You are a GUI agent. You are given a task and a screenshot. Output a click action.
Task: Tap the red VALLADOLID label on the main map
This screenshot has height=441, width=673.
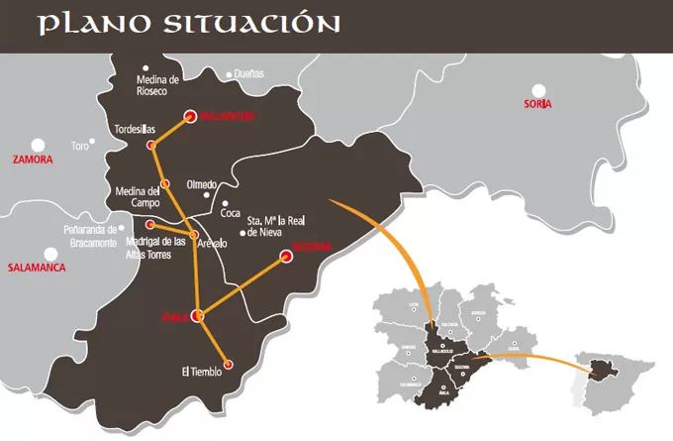[228, 116]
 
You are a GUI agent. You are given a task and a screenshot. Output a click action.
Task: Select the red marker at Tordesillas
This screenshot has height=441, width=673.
[151, 146]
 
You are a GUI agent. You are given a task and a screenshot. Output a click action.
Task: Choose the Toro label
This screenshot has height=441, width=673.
[80, 147]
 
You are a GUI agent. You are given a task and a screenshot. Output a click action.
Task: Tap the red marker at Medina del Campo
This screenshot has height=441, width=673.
[166, 183]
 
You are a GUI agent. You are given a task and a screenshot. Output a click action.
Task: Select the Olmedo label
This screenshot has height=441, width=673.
[201, 184]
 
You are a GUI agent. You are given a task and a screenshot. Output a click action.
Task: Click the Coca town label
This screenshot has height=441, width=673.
[231, 212]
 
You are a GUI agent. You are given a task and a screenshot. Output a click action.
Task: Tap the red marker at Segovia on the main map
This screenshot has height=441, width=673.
[285, 256]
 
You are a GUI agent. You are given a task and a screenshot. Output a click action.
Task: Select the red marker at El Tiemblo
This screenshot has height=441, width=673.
[229, 365]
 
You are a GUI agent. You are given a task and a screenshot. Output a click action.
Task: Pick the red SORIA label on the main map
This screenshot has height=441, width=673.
[538, 104]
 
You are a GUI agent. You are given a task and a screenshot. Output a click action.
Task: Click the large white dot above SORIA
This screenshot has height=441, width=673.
[538, 89]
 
